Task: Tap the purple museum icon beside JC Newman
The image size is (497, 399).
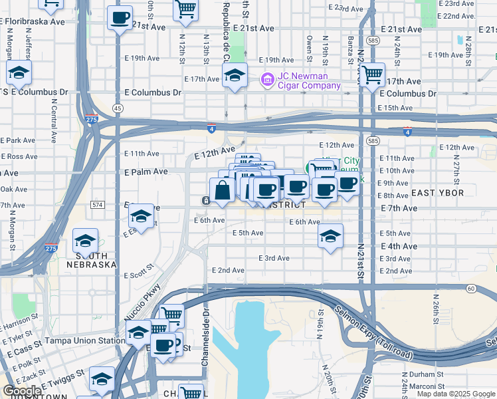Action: tap(267, 80)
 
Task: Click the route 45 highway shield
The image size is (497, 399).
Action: tap(118, 108)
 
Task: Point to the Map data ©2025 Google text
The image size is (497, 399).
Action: tap(456, 394)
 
